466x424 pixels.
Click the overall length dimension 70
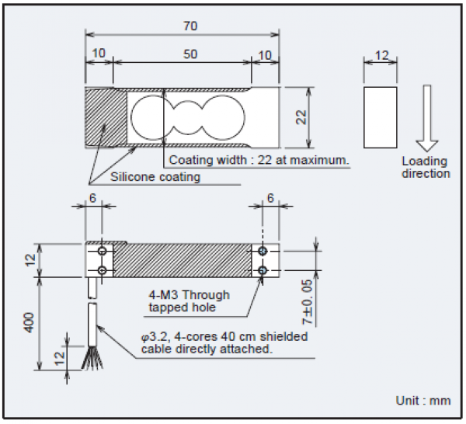(x=190, y=26)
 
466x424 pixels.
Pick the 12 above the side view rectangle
(x=381, y=56)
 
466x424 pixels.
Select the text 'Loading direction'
(x=426, y=167)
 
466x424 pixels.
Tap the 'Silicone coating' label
(x=155, y=176)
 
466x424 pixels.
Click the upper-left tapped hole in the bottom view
(x=103, y=252)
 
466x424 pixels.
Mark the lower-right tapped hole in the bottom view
(x=263, y=269)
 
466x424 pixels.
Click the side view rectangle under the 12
(x=381, y=117)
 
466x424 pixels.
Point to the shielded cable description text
(x=224, y=342)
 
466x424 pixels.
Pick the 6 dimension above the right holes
(x=270, y=199)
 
